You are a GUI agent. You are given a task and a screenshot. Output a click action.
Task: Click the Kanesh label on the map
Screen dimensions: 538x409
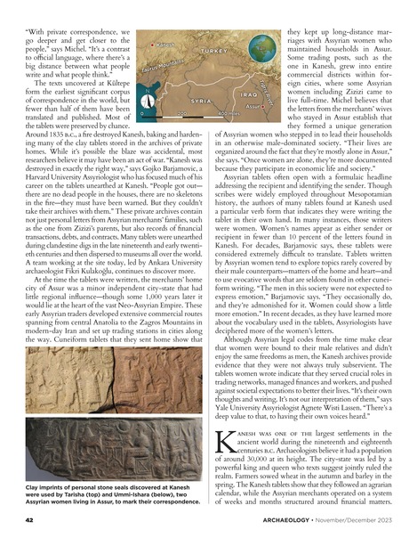click(x=167, y=44)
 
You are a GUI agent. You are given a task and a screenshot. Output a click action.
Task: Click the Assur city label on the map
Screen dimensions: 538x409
click(x=253, y=105)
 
